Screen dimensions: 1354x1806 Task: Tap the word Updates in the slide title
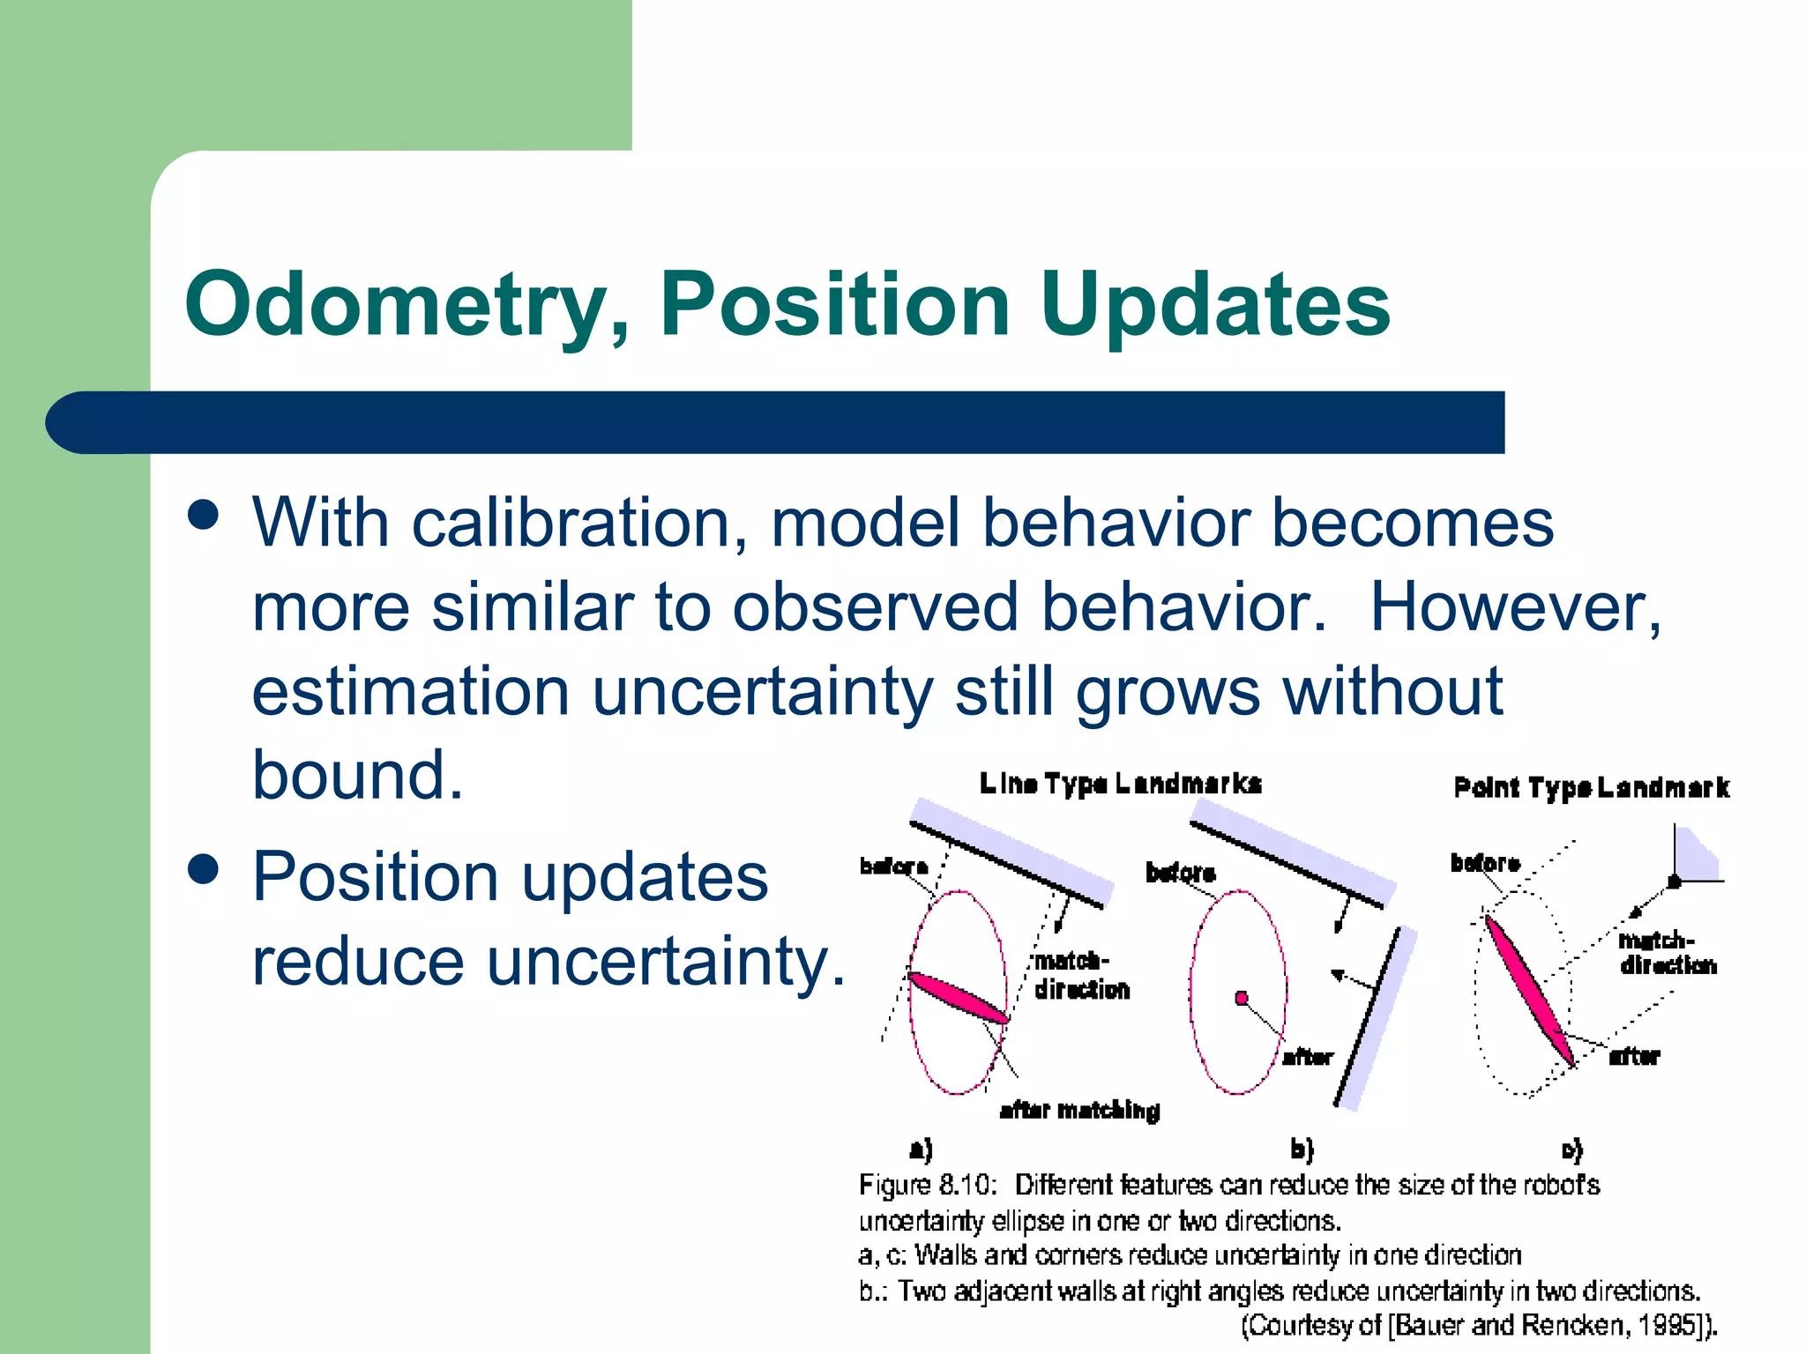[1214, 304]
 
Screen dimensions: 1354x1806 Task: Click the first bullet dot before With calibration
[204, 515]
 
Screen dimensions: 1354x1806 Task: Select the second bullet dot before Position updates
[204, 869]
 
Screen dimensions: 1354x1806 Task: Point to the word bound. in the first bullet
[357, 775]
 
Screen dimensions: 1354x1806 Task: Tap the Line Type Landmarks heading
[1120, 783]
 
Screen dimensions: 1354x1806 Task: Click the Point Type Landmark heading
[1591, 787]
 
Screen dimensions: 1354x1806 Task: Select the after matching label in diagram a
[1079, 1110]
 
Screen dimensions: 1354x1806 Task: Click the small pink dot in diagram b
[1242, 998]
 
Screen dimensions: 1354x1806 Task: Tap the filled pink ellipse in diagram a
[958, 997]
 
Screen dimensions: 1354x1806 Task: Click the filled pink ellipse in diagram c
[1530, 989]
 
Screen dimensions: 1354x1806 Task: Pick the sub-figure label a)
[921, 1149]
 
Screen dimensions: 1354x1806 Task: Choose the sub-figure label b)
[1302, 1149]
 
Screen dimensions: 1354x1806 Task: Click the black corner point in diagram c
[1673, 882]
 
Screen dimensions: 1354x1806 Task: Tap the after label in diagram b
[1308, 1057]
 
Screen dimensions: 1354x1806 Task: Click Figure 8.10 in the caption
[927, 1184]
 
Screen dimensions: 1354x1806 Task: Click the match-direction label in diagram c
[1666, 953]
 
